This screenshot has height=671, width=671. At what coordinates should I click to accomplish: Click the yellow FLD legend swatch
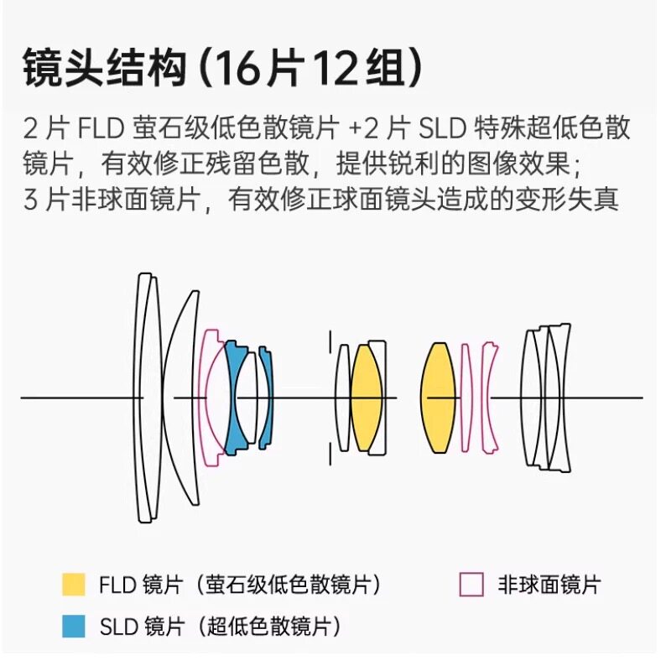[73, 585]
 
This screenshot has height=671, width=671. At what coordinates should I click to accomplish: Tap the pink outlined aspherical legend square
[472, 585]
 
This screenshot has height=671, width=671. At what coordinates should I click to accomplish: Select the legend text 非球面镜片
[549, 585]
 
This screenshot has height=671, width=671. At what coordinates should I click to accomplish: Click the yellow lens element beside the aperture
[366, 397]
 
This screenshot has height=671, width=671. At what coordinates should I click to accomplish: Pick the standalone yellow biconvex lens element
[438, 397]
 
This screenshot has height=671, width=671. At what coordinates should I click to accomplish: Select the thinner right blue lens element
[267, 397]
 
